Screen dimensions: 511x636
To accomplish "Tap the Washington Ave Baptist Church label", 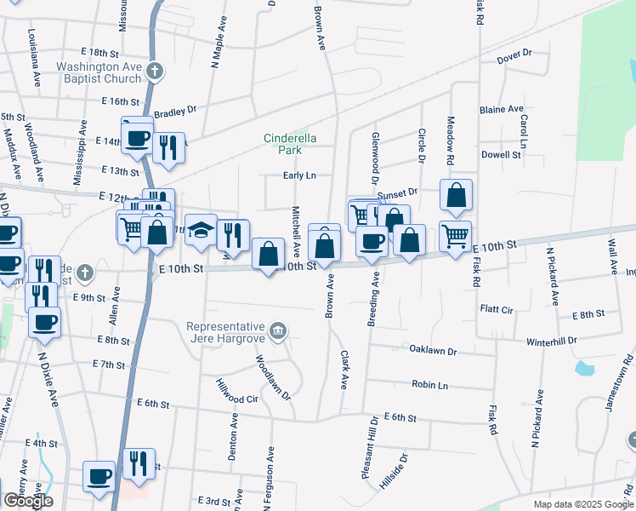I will click(99, 72).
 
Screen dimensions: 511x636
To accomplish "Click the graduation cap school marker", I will click(201, 231).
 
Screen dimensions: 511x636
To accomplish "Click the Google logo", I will click(27, 501).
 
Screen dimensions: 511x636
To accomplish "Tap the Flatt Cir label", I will click(497, 308).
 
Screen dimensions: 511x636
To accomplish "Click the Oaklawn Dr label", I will click(433, 350).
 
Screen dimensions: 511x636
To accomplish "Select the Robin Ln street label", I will click(429, 385).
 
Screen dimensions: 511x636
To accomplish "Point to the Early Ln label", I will click(299, 175).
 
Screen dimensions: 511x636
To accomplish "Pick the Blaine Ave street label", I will click(502, 110).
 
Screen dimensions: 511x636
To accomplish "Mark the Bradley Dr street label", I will click(175, 110).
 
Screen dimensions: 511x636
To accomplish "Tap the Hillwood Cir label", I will click(237, 392).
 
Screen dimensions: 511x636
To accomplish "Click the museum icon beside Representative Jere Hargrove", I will click(277, 330).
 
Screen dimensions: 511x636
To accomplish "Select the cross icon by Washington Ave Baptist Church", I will click(154, 72).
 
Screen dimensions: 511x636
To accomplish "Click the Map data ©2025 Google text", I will click(582, 504).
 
